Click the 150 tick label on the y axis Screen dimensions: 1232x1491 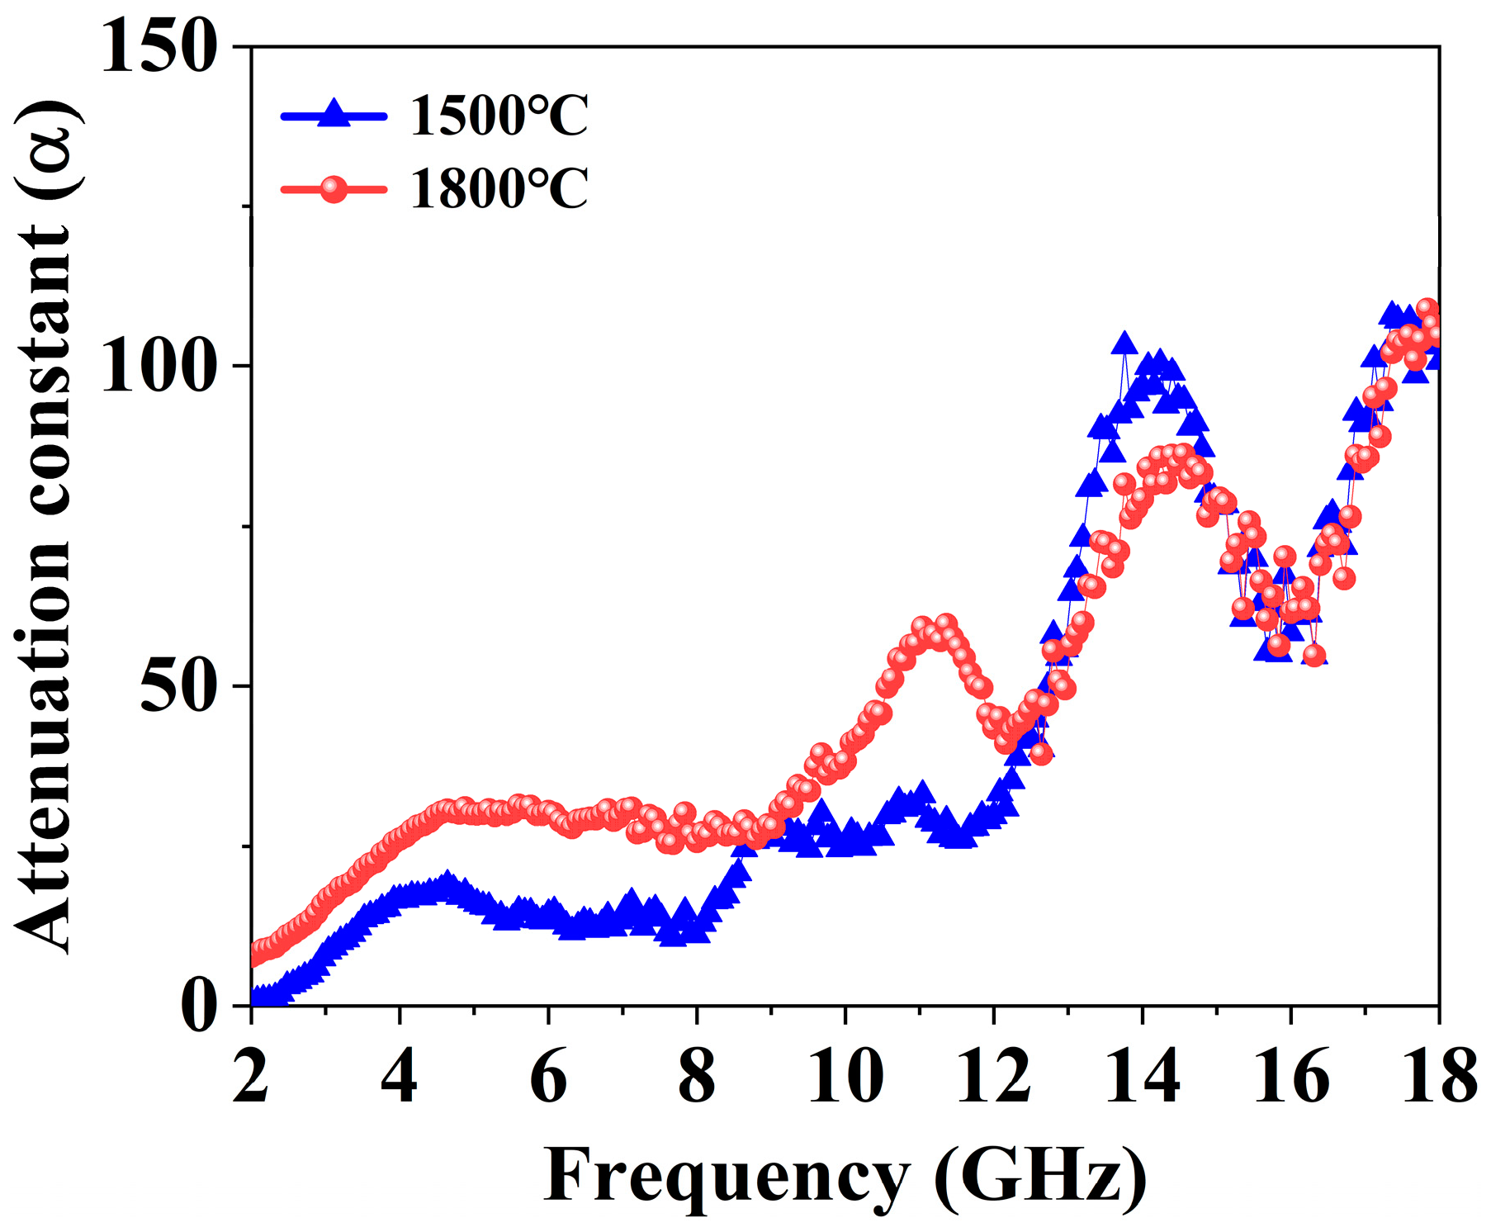(x=158, y=47)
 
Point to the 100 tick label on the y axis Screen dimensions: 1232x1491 (x=158, y=367)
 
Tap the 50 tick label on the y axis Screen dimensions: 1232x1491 (x=177, y=686)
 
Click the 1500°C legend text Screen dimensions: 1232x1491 (x=499, y=116)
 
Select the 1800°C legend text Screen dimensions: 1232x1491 (x=499, y=188)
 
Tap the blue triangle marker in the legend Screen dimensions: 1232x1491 (x=334, y=113)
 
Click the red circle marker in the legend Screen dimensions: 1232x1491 (x=334, y=189)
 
